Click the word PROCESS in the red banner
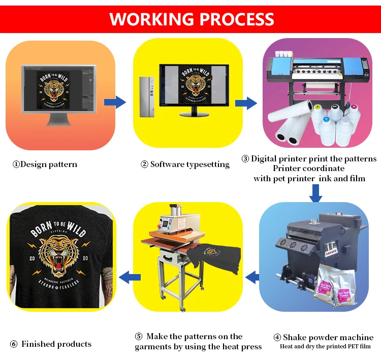(234, 19)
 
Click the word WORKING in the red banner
(150, 19)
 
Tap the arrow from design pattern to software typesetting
(115, 102)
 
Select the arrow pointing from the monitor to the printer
(245, 104)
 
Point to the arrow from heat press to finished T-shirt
(130, 277)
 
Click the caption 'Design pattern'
(45, 164)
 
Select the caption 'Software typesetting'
(185, 164)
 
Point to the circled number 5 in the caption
(138, 337)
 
